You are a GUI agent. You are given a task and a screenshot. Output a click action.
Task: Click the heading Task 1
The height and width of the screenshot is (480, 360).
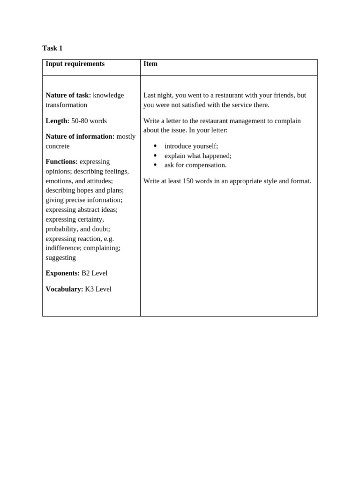click(x=52, y=48)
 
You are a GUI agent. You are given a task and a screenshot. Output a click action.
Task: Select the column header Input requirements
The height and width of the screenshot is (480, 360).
click(x=75, y=64)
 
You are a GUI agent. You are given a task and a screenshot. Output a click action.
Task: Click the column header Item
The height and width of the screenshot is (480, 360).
click(x=150, y=64)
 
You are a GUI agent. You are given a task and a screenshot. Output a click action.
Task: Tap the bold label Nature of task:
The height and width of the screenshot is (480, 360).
click(x=68, y=95)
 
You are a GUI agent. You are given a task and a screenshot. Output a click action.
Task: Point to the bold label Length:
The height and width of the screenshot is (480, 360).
click(x=57, y=121)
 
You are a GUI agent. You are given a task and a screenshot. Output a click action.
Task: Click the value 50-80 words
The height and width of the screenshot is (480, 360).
click(x=89, y=121)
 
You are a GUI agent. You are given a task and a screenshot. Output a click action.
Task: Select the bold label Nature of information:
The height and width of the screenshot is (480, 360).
click(x=80, y=136)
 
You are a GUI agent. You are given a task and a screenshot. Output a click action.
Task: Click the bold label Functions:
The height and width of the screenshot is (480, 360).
click(x=61, y=162)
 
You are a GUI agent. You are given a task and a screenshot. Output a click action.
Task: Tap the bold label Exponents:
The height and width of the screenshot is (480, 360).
click(x=62, y=273)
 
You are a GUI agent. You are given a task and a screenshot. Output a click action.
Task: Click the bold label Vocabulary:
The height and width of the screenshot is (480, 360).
click(x=64, y=289)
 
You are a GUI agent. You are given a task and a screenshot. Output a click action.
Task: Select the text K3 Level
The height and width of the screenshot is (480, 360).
click(x=98, y=289)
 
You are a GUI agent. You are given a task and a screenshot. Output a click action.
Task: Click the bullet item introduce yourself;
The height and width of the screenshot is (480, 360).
click(x=191, y=146)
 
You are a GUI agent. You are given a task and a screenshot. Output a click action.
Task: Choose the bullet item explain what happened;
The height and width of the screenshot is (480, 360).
click(x=198, y=156)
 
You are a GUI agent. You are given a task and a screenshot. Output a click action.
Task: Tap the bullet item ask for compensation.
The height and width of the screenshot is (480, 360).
click(x=195, y=165)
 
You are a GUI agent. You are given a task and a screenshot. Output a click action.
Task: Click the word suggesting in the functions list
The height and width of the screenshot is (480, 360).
click(x=60, y=258)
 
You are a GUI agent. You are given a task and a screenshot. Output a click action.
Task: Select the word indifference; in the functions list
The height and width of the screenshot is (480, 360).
click(x=66, y=248)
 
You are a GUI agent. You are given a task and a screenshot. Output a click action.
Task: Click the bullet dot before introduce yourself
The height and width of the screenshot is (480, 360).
click(x=155, y=146)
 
